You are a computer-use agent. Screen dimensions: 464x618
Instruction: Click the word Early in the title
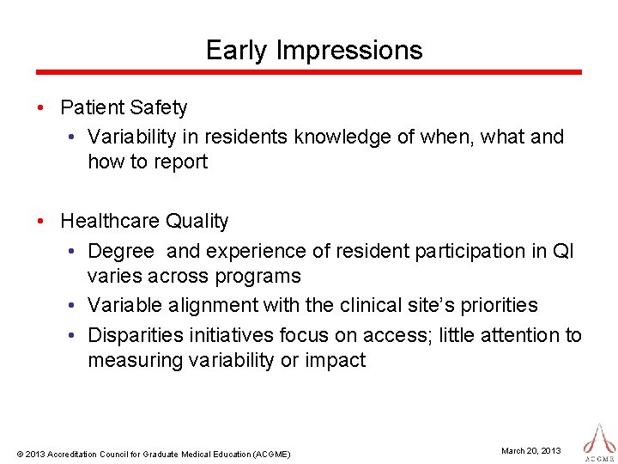pyautogui.click(x=237, y=50)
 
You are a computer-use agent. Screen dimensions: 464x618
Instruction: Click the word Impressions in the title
pyautogui.click(x=349, y=51)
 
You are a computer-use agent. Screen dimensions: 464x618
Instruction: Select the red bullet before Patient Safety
pyautogui.click(x=40, y=108)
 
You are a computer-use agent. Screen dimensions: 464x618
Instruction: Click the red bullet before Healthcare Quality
pyautogui.click(x=40, y=222)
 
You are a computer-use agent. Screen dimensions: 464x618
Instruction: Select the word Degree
pyautogui.click(x=121, y=251)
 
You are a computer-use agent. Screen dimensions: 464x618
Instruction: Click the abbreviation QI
pyautogui.click(x=564, y=251)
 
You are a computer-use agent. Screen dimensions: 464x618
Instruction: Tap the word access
pyautogui.click(x=401, y=335)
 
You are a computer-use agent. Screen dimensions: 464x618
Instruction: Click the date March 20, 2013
pyautogui.click(x=530, y=451)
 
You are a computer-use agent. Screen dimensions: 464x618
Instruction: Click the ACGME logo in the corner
pyautogui.click(x=598, y=441)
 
